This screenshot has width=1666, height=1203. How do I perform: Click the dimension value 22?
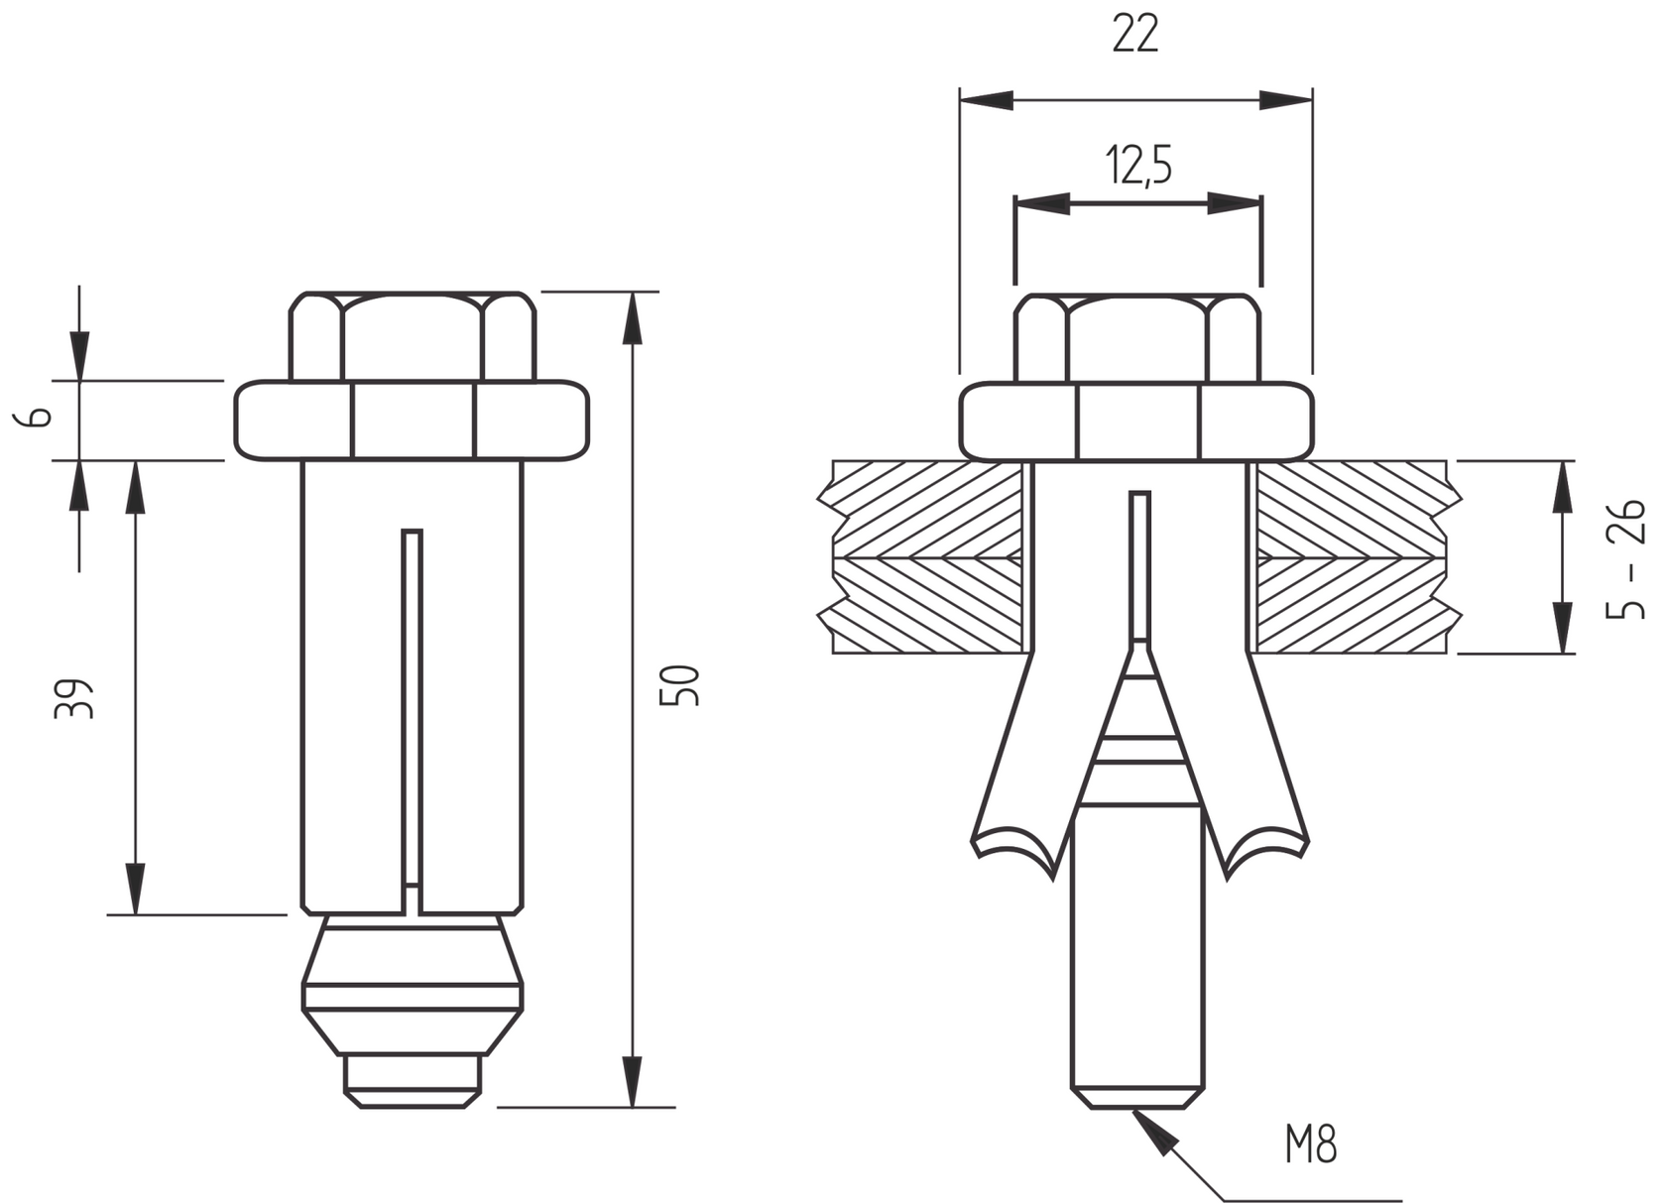coord(1134,36)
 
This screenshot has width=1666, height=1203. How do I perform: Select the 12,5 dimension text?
coord(1138,166)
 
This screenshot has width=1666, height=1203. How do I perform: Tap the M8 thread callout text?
coord(1310,1144)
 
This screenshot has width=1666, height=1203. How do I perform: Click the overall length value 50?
coord(680,685)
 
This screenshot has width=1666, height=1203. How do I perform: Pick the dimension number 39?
coord(74,698)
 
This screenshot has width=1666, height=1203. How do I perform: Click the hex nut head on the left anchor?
coord(412,336)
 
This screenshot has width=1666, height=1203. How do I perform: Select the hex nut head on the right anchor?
coord(1136,337)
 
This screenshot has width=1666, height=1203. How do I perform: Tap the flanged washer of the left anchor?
coord(412,421)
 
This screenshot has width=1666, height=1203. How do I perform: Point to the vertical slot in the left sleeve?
coord(412,704)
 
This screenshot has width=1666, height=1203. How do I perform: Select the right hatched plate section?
coord(1354,557)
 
